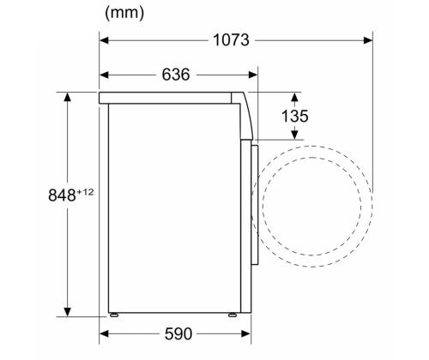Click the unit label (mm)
(124, 13)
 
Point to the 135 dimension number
(294, 116)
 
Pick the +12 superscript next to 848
(85, 190)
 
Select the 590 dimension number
(178, 333)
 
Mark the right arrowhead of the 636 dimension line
(253, 75)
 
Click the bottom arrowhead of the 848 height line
(67, 313)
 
